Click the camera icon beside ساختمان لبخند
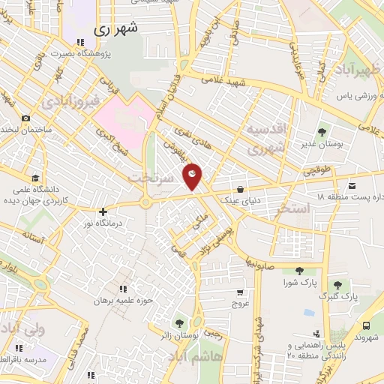click(26, 118)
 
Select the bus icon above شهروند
click(366, 326)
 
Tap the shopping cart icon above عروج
click(239, 293)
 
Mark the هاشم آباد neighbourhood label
click(217, 358)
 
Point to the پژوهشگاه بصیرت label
click(80, 54)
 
